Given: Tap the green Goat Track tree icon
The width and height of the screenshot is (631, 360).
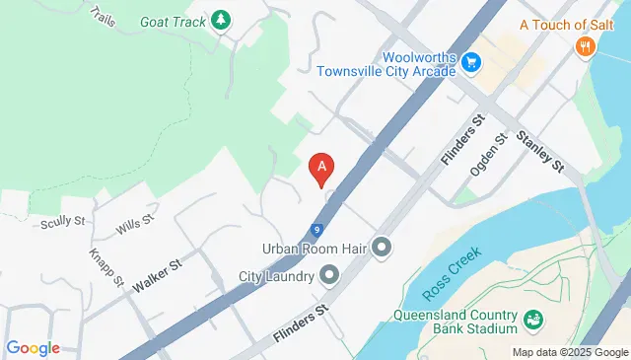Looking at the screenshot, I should point(223,19).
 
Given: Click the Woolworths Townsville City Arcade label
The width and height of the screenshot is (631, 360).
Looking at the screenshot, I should point(386,63).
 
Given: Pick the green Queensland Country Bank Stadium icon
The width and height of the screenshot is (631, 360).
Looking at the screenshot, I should point(532,320).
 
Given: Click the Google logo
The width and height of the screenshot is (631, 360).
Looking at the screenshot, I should point(33,347).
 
